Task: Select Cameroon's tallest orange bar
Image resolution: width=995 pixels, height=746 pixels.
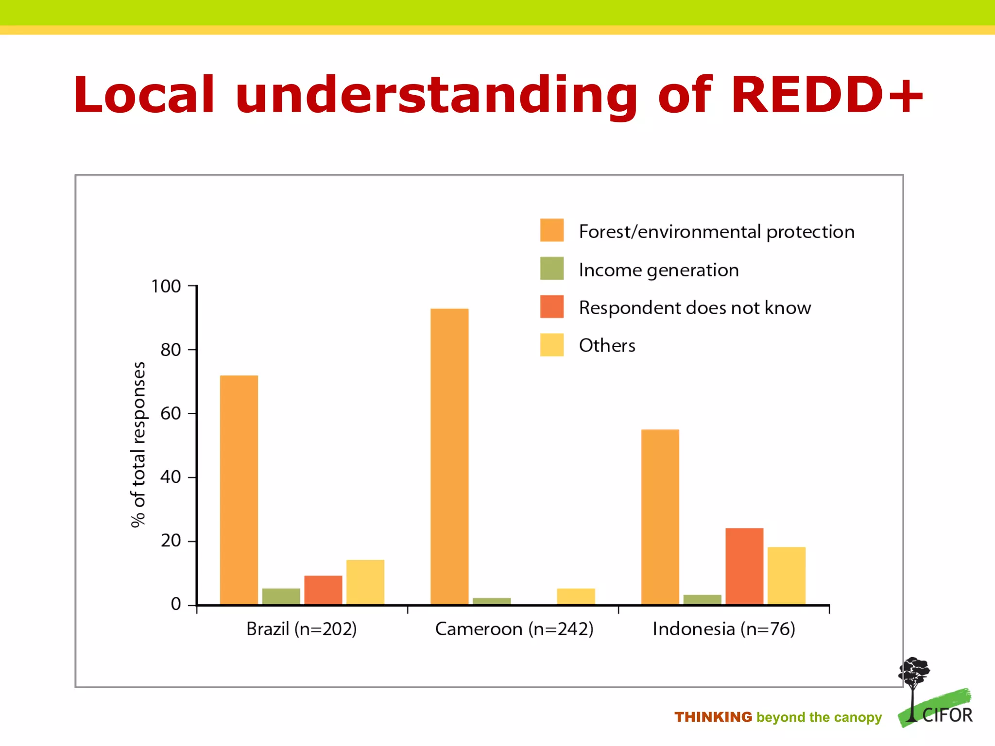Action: [449, 457]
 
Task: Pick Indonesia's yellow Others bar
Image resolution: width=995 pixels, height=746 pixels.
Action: [787, 576]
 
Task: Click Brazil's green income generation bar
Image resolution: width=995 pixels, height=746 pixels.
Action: [281, 596]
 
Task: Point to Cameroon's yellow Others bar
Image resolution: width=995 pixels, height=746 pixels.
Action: [576, 596]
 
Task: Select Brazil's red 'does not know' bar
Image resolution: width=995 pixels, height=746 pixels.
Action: [323, 590]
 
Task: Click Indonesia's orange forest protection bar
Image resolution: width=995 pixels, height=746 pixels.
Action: [660, 517]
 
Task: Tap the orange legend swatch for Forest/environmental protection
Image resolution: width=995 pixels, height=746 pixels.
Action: [552, 230]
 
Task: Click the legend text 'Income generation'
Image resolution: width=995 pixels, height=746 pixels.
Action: [658, 270]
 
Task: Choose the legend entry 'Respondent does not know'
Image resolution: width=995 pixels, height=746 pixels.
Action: [695, 308]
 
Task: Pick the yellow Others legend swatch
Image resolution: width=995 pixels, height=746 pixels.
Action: [552, 345]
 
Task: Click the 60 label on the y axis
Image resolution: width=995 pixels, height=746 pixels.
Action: [171, 413]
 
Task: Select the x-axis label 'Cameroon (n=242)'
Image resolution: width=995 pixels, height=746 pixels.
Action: [514, 629]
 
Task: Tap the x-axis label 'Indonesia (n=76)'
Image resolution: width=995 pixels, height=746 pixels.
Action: [723, 629]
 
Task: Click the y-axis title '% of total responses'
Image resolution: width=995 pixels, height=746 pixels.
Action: [138, 444]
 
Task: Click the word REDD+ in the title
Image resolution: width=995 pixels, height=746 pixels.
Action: [826, 95]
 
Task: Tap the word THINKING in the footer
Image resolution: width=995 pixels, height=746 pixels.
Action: [713, 717]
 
